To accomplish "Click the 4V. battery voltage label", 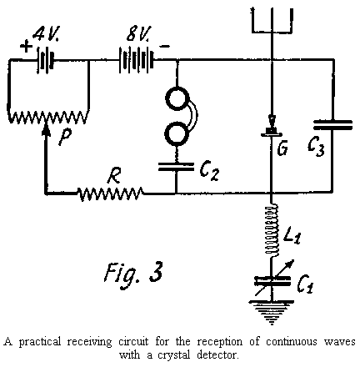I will pos(49,35).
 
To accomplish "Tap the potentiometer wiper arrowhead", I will pos(47,127).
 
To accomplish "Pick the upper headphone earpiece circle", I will pos(177,101).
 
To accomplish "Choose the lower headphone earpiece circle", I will pos(177,133).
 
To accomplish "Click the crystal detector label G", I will pos(283,150).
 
